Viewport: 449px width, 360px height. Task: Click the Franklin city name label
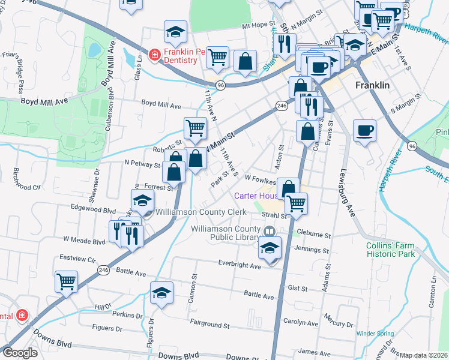click(x=372, y=85)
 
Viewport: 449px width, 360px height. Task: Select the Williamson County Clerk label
click(x=201, y=212)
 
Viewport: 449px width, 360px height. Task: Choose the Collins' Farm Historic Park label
click(x=391, y=250)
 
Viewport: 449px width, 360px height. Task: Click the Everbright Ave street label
click(x=239, y=265)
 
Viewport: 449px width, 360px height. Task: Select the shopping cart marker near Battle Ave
click(x=66, y=281)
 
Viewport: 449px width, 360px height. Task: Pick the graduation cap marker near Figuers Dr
click(x=161, y=292)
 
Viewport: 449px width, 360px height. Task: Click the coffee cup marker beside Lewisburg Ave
click(x=364, y=130)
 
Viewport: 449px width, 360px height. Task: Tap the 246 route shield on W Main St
click(x=282, y=106)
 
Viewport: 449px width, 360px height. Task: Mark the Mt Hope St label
click(x=258, y=26)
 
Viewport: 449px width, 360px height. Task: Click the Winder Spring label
click(x=375, y=334)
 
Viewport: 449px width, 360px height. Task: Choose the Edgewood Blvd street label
click(x=92, y=211)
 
